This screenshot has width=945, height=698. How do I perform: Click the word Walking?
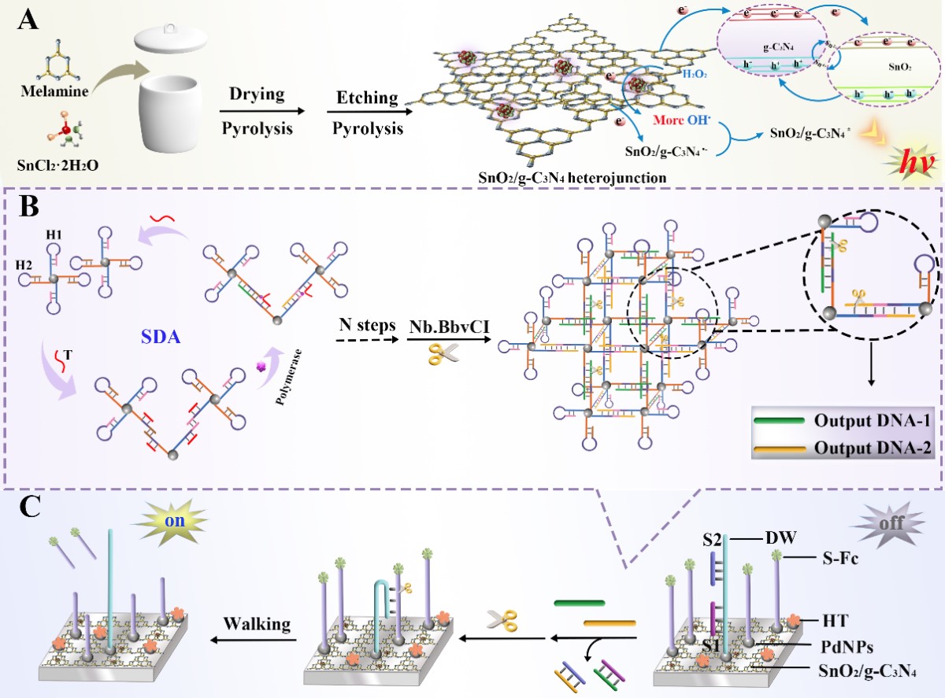(256, 624)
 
